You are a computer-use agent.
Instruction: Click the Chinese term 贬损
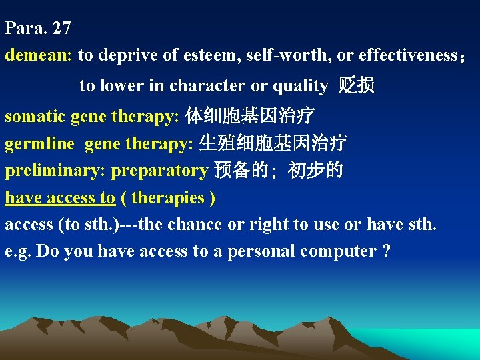[x=357, y=86]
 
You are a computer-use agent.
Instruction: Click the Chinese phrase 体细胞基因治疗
[x=249, y=117]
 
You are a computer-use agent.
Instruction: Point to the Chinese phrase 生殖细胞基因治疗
[x=273, y=143]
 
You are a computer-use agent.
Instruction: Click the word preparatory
[x=159, y=171]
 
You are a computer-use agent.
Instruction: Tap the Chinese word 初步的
[x=315, y=171]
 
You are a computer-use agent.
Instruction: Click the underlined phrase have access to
[x=60, y=197]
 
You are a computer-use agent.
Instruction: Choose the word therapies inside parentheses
[x=169, y=197]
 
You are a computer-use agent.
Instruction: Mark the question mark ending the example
[x=387, y=251]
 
